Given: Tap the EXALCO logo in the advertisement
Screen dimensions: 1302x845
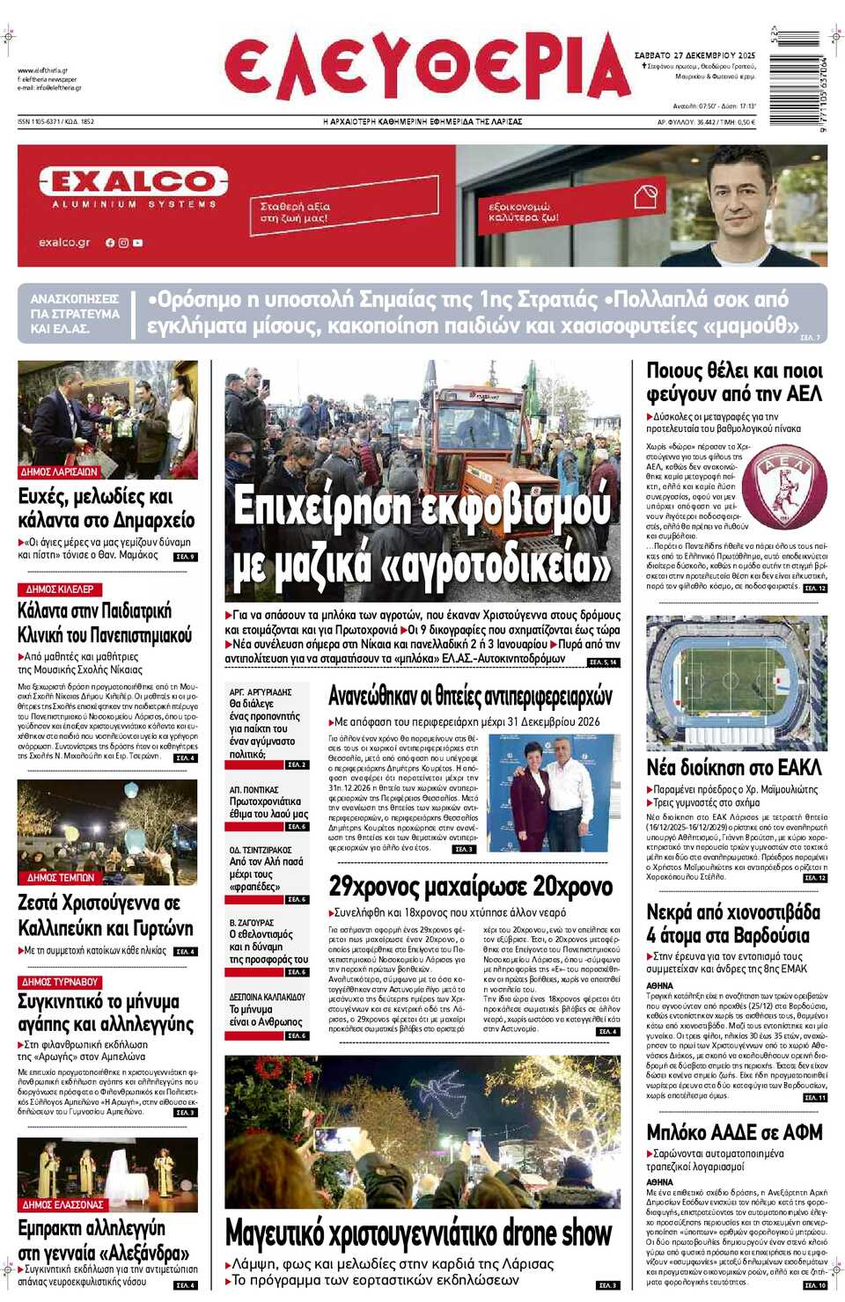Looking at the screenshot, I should [134, 182].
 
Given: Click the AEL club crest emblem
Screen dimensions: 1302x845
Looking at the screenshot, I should [783, 486].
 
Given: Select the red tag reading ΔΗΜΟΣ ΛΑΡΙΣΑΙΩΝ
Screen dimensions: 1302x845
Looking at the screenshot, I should [59, 472].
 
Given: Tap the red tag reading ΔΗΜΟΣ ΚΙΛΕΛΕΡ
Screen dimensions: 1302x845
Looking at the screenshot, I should [60, 589].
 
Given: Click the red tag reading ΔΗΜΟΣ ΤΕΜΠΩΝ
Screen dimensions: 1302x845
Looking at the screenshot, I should [60, 878].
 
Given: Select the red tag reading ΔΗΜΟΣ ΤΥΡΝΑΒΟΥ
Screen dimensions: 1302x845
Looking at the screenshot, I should [60, 982].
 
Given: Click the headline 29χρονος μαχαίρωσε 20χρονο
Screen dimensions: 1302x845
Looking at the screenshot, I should [471, 886].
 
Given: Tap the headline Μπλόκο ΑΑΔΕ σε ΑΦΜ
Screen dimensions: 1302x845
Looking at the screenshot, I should [734, 1132].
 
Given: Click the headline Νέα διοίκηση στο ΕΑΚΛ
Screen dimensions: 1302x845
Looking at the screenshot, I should [733, 768].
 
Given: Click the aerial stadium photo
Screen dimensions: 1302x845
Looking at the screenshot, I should [736, 682].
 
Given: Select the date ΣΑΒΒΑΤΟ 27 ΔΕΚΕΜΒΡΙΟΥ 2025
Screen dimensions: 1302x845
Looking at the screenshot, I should [694, 55].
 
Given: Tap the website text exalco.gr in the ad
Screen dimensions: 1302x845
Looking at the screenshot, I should [64, 242].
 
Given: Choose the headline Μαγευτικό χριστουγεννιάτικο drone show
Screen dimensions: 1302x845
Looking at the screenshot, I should [418, 1233].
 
